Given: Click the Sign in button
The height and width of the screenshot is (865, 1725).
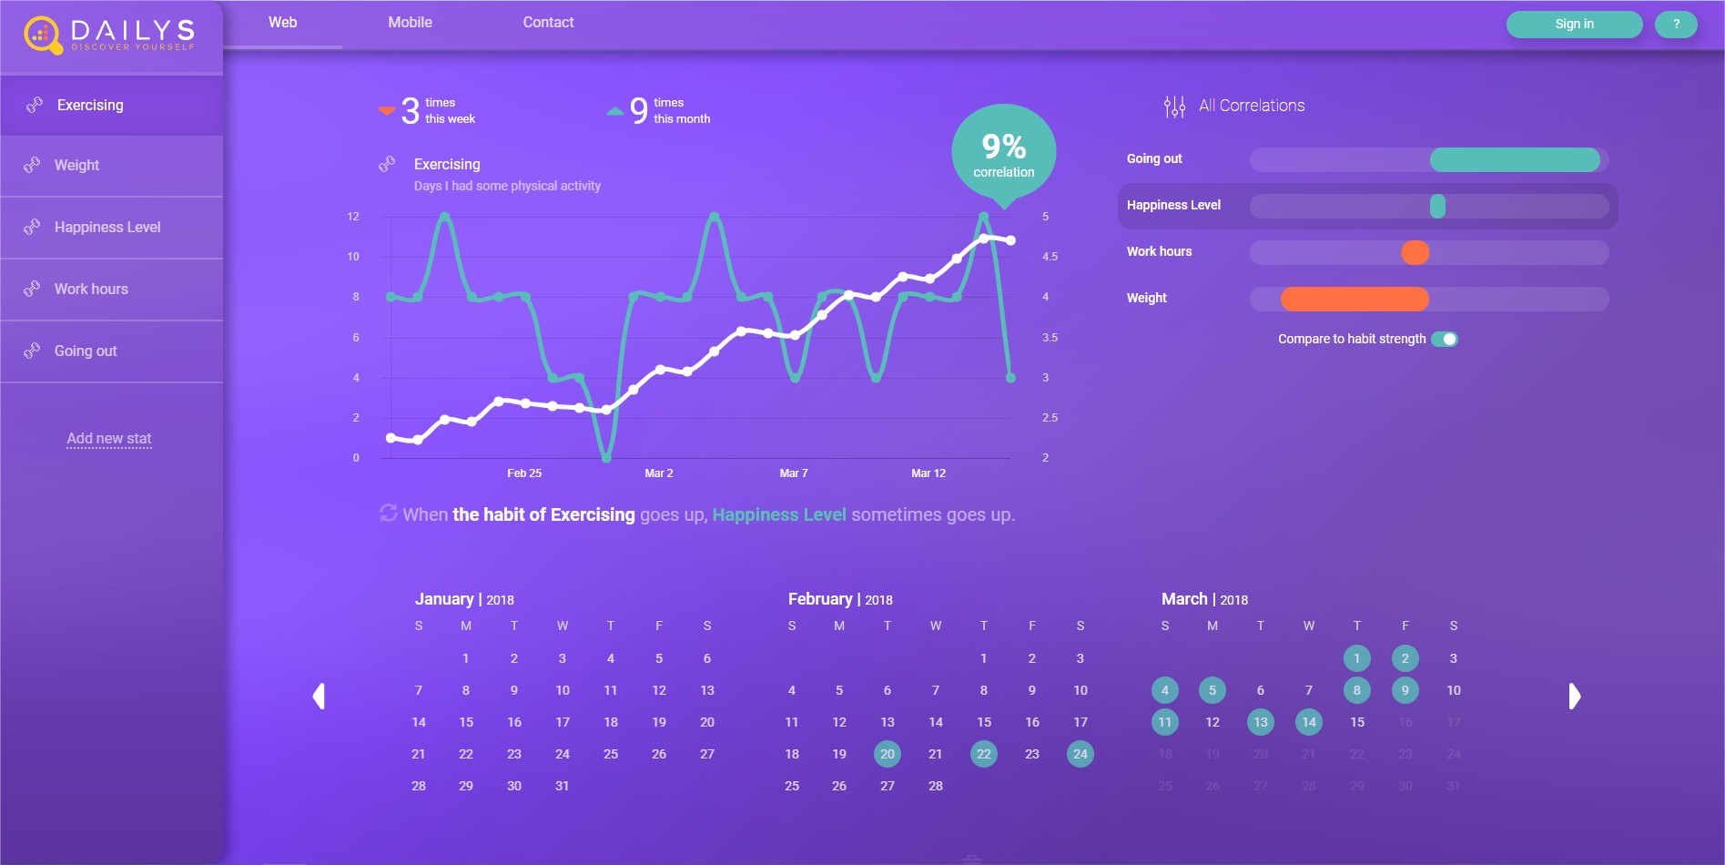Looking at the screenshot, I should pyautogui.click(x=1574, y=25).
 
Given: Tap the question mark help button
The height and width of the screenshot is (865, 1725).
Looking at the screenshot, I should pyautogui.click(x=1676, y=25).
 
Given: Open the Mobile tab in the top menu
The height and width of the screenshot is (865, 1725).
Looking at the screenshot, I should pyautogui.click(x=410, y=23).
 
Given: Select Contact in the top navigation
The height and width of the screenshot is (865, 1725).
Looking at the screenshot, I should pyautogui.click(x=548, y=23).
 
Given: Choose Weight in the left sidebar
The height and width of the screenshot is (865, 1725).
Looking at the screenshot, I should pyautogui.click(x=76, y=166).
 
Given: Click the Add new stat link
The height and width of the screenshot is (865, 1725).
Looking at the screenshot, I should pyautogui.click(x=109, y=439).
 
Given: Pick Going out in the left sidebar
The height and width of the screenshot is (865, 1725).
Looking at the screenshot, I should pyautogui.click(x=86, y=351).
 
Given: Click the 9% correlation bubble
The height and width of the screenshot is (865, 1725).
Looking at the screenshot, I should pyautogui.click(x=1003, y=155).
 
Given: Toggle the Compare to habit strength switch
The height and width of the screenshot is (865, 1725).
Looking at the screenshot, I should pyautogui.click(x=1445, y=339).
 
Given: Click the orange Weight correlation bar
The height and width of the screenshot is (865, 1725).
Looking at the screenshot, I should pyautogui.click(x=1355, y=299).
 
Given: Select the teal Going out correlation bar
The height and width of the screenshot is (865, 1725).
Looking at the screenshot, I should pyautogui.click(x=1515, y=160).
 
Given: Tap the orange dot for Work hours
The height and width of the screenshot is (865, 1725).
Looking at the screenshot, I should pyautogui.click(x=1415, y=252).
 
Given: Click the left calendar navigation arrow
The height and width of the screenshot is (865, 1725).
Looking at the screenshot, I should pyautogui.click(x=319, y=697).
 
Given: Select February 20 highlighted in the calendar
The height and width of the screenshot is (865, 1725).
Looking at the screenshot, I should pyautogui.click(x=888, y=754).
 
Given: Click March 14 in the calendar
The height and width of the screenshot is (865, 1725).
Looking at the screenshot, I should pyautogui.click(x=1309, y=722).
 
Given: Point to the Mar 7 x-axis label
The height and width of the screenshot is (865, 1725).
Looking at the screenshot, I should pyautogui.click(x=794, y=473).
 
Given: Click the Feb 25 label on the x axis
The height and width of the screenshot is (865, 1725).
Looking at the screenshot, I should pyautogui.click(x=524, y=473).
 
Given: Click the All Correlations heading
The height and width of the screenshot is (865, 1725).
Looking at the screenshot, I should pyautogui.click(x=1251, y=106).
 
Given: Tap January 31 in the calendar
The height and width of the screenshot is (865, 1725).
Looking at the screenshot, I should pyautogui.click(x=563, y=786).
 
